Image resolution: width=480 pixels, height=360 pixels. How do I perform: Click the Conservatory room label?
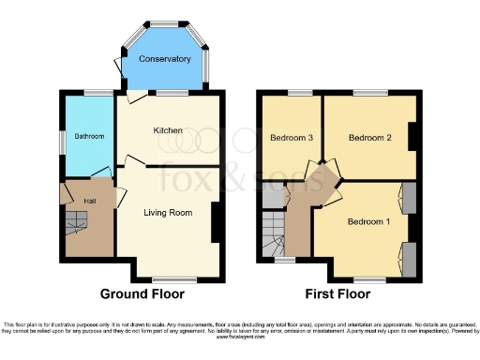[x=165, y=59]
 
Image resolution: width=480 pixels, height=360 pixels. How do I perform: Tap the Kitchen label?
[x=169, y=131]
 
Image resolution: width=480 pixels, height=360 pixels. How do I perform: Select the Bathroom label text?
[x=89, y=137]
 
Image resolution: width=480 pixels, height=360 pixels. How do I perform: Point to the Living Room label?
[x=168, y=213]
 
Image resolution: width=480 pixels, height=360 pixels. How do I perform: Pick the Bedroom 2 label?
[x=369, y=138]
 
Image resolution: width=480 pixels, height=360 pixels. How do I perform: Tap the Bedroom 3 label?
[x=291, y=138]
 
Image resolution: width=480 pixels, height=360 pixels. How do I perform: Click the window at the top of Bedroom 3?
[x=300, y=93]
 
